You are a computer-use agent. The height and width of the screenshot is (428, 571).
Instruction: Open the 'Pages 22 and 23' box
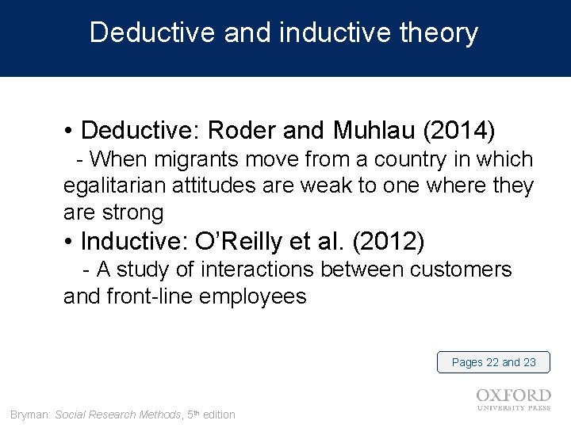pyautogui.click(x=493, y=362)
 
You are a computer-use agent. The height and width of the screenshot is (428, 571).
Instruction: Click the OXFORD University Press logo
pyautogui.click(x=513, y=399)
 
